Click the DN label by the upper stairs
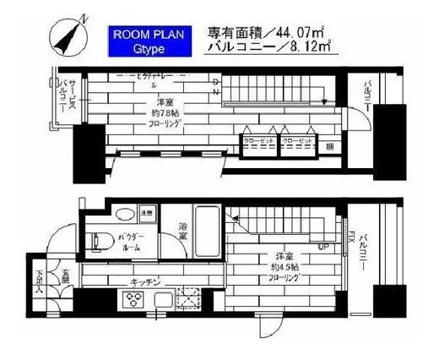pos(217,85)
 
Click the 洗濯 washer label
pos(145,212)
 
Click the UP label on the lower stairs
pos(323,248)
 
